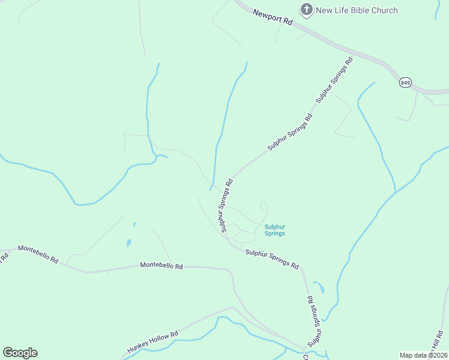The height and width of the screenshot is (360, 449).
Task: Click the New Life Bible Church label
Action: [357, 10]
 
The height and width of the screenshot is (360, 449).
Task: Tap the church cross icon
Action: [307, 10]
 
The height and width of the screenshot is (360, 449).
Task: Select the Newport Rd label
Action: [272, 17]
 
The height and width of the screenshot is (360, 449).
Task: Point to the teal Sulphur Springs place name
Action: [274, 230]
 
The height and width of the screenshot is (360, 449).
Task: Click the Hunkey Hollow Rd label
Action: [153, 342]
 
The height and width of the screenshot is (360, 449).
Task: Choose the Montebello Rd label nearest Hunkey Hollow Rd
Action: [161, 265]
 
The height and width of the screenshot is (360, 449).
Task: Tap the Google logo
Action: [20, 352]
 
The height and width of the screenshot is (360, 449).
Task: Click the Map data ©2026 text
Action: [423, 355]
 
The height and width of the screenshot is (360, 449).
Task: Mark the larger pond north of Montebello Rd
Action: [128, 244]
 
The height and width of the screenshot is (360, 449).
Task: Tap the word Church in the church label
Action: [384, 10]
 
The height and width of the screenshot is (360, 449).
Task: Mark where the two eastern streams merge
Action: [395, 192]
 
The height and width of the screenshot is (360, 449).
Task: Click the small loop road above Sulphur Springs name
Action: [263, 207]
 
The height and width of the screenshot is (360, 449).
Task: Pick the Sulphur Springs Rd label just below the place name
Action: [272, 259]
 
